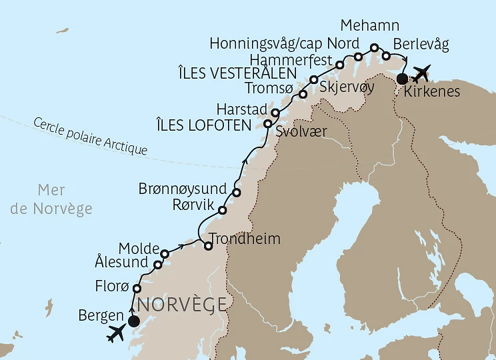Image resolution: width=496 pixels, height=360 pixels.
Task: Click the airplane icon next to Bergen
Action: click(117, 333)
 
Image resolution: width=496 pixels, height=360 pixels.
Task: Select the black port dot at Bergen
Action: click(133, 321)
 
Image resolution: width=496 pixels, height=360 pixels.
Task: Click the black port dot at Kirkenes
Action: click(401, 79)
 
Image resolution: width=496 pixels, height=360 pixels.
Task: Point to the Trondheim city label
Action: click(245, 239)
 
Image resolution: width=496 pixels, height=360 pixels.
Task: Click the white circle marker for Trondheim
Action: click(208, 246)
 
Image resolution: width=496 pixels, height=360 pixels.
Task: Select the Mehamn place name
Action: click(369, 26)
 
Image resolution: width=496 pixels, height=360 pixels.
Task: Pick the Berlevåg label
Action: click(421, 44)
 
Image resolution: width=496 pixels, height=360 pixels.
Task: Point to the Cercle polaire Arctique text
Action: click(89, 136)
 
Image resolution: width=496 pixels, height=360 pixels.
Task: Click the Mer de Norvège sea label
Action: click(53, 200)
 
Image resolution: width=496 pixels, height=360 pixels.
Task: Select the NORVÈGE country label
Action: click(181, 304)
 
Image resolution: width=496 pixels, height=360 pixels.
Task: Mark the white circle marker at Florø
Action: click(137, 289)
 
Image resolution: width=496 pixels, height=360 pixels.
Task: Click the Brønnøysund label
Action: click(183, 189)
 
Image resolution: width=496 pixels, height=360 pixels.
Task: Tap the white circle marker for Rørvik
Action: click(223, 210)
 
